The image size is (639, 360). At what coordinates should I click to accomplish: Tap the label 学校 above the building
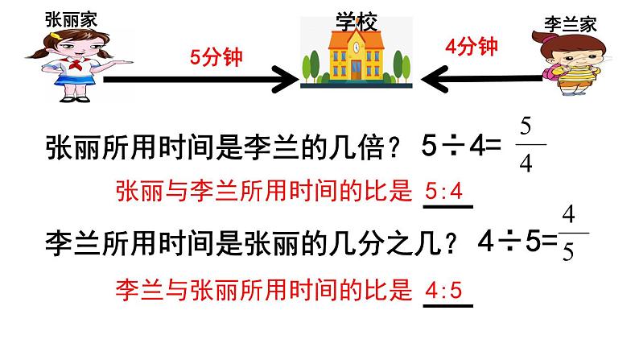coord(356,22)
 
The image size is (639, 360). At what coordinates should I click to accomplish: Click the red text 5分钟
coord(216,56)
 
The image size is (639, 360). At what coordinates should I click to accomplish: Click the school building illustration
coord(355,61)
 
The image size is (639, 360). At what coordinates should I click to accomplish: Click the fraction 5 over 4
coord(526,146)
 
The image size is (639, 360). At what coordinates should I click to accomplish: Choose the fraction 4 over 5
coord(570,234)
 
